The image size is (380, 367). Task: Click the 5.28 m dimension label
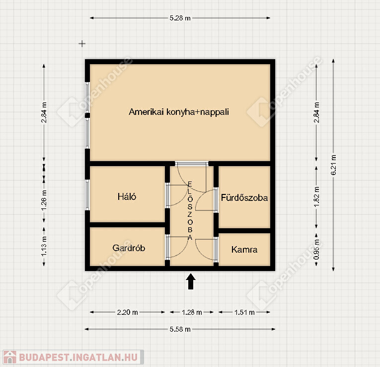coord(180,18)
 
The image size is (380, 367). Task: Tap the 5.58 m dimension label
coord(180,329)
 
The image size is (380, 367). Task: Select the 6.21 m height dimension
coord(333,165)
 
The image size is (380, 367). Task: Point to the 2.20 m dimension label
coord(128,312)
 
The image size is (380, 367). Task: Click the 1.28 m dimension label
coord(192,312)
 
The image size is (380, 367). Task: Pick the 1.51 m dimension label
coord(244,312)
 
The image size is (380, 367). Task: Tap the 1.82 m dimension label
coord(316,197)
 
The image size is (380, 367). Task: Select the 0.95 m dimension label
coord(316,250)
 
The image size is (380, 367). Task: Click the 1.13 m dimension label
coord(44,246)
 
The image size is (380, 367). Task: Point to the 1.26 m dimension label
coord(44,200)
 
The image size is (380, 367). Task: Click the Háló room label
coord(127,196)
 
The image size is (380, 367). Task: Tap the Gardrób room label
coord(129,248)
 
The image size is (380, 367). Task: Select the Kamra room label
coord(244,249)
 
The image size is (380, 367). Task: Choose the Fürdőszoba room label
coord(244,197)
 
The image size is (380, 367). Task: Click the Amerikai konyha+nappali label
coord(179,112)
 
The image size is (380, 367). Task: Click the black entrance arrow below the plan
coord(191,281)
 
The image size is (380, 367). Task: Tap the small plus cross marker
coord(82,44)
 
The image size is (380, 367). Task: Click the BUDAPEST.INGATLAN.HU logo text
coord(78,357)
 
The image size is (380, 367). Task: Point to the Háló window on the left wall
coord(87,194)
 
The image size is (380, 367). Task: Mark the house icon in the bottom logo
coord(10,357)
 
